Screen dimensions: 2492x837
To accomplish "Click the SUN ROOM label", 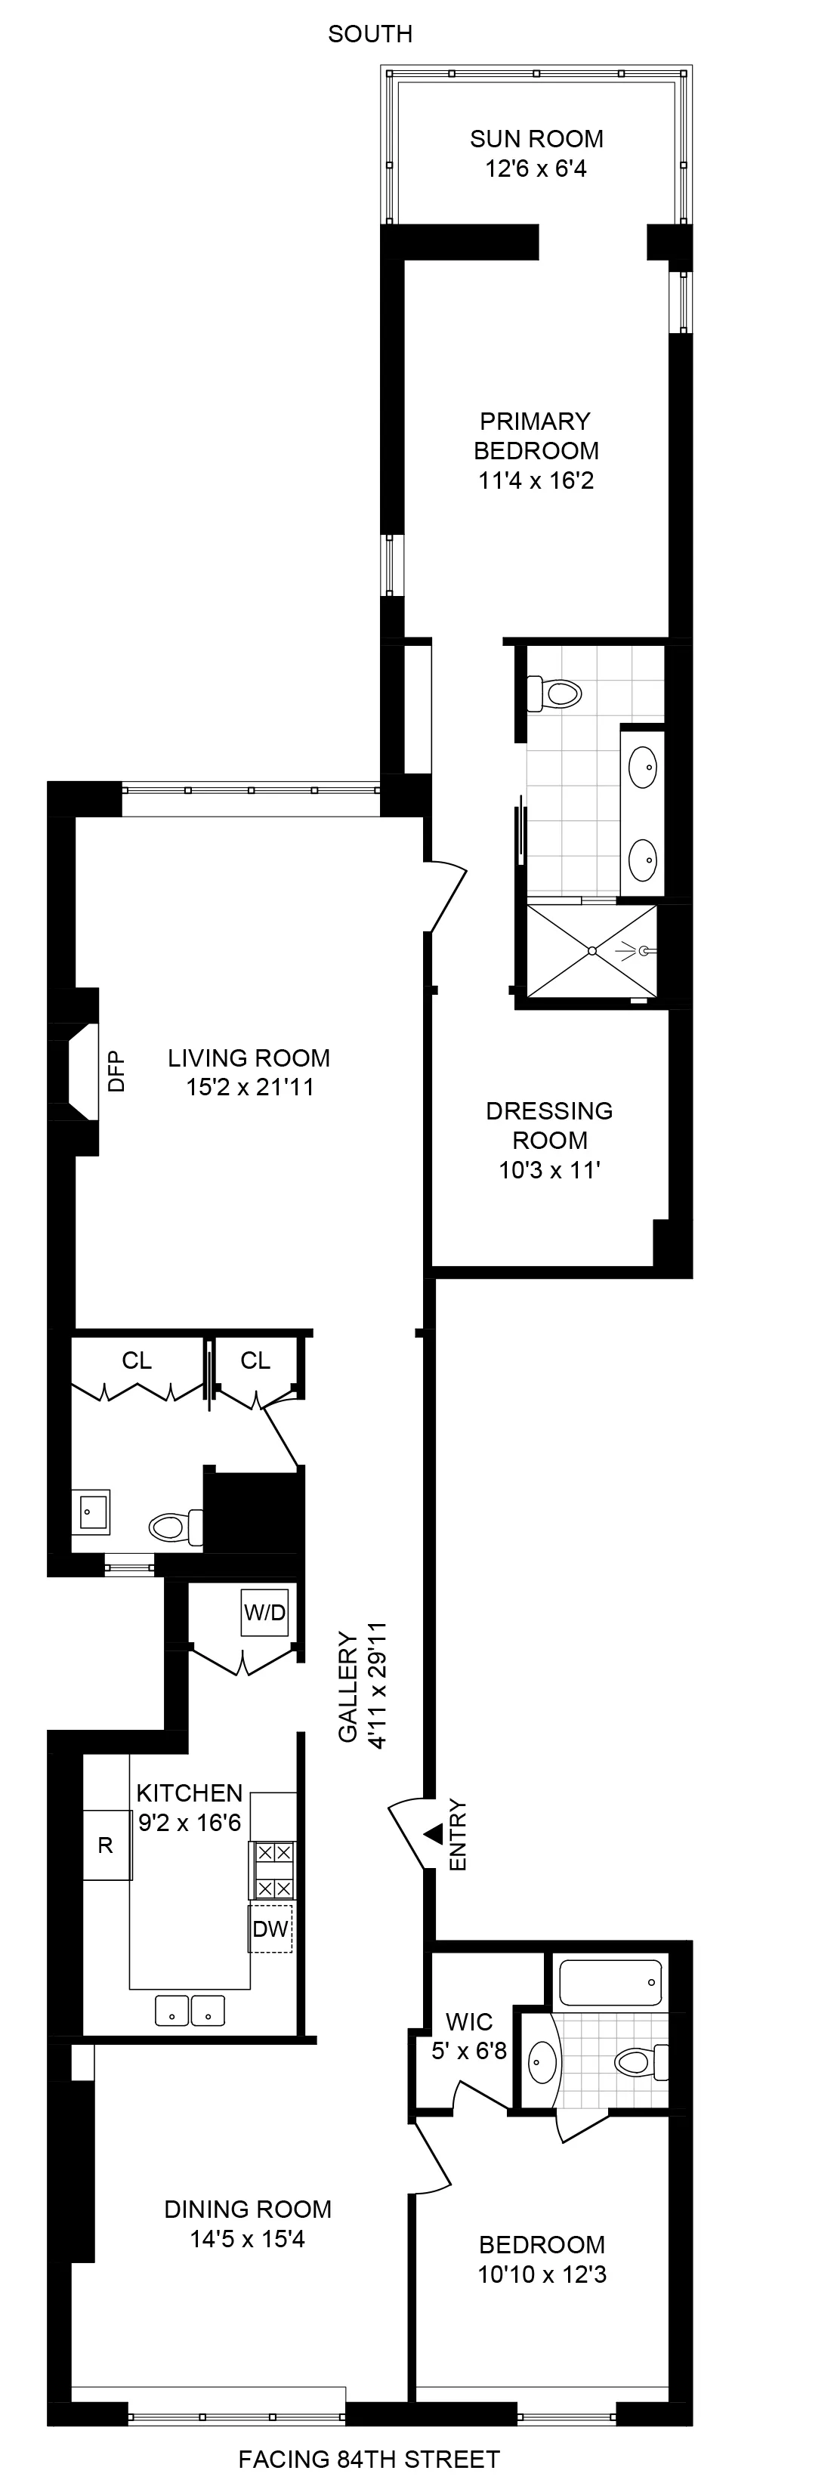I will (x=536, y=139).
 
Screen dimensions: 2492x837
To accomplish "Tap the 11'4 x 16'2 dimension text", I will (x=536, y=480).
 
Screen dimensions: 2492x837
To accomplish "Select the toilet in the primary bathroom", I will (x=554, y=693).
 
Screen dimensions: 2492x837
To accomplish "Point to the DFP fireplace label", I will (x=117, y=1072).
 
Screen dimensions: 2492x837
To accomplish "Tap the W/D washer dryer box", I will (x=264, y=1613).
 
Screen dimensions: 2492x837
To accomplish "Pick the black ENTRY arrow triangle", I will (x=434, y=1833).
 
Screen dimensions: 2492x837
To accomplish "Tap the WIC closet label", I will (x=469, y=2022).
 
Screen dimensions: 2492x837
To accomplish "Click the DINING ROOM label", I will (x=248, y=2209).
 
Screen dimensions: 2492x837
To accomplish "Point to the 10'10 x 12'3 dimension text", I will (x=542, y=2274).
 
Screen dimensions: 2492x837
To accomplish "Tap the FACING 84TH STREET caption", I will (x=369, y=2458).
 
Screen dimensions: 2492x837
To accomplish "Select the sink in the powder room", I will (x=94, y=1510).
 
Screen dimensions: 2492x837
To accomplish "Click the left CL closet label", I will (x=137, y=1360).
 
